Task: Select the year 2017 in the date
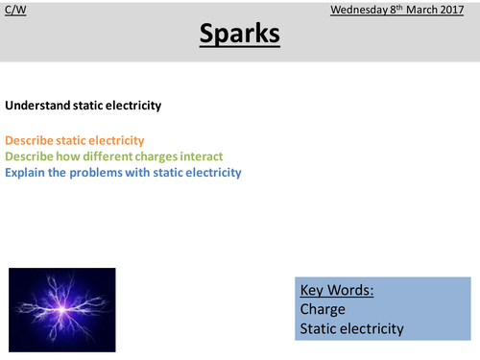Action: [454, 11]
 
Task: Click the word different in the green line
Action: [108, 157]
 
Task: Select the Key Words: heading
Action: [337, 290]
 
